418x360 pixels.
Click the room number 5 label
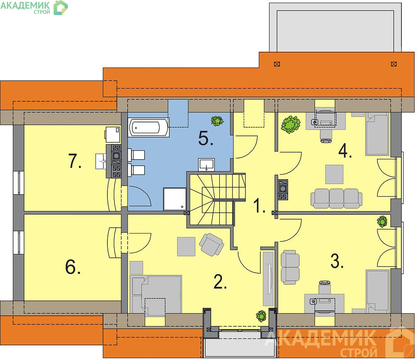pos(206,139)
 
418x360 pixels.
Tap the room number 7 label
pos(75,162)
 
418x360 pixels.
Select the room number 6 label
pos(73,267)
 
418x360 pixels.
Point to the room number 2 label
pos(220,282)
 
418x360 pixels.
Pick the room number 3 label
pos(337,261)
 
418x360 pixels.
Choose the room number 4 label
pos(345,151)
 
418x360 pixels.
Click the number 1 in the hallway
pos(259,206)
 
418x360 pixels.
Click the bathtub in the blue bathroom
pos(148,127)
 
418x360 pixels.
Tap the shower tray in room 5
pos(174,199)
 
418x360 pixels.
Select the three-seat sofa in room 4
pos(337,198)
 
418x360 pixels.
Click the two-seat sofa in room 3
pos(290,267)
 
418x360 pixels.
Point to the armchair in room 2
pos(211,244)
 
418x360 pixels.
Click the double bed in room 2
pos(156,294)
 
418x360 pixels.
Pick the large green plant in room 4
pos(290,124)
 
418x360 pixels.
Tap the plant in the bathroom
pos(217,121)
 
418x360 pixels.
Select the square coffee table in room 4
pos(334,174)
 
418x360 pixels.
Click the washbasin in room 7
pos(101,161)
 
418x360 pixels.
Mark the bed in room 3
pos(378,292)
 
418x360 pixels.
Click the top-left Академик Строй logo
pos(34,8)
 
